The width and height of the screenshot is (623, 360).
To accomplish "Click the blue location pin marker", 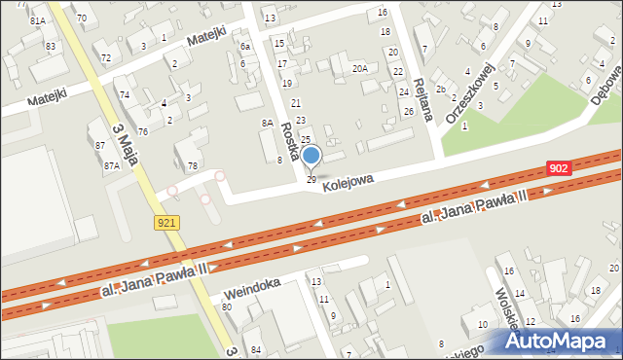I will point(311,156).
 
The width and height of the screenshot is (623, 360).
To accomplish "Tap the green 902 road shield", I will point(558,168).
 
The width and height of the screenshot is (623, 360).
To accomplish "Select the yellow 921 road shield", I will point(166,223).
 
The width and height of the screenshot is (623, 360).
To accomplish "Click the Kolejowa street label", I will point(348,181).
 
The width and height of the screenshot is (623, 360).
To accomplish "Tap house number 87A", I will point(112,166).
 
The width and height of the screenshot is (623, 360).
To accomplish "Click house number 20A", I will point(360,68).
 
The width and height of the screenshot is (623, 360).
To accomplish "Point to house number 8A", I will point(267,124).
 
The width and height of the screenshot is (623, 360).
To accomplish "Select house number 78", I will point(193,166).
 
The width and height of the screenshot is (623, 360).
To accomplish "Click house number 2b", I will point(441,90).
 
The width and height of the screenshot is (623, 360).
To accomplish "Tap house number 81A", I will point(38,20).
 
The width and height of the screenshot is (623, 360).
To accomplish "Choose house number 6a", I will point(246,47).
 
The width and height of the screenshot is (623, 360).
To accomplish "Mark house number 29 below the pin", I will point(311,180).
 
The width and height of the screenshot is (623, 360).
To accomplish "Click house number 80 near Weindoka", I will point(227,307).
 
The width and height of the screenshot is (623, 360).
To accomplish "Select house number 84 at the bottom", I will point(257,349).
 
